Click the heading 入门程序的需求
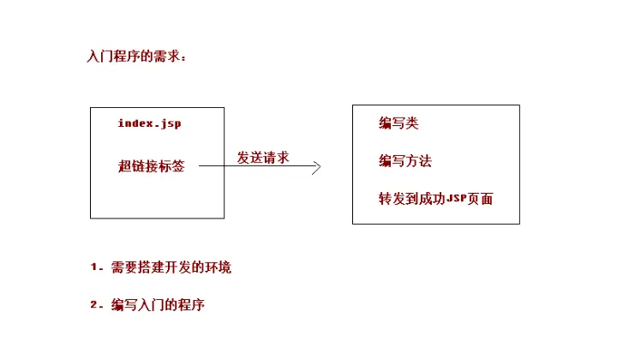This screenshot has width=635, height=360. (x=135, y=57)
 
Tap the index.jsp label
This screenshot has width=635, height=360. (x=149, y=123)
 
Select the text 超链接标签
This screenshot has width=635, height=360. (x=151, y=166)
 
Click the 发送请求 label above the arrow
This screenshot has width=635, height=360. (x=262, y=157)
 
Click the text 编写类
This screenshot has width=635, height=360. (x=398, y=123)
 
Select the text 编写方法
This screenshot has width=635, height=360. (x=404, y=161)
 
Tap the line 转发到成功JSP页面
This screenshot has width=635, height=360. (x=435, y=199)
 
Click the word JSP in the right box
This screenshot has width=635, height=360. (x=457, y=199)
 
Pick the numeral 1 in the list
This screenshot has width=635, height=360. (x=94, y=267)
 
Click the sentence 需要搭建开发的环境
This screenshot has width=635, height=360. (x=171, y=267)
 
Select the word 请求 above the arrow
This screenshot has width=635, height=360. (x=275, y=157)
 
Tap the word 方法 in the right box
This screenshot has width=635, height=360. (x=417, y=161)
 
